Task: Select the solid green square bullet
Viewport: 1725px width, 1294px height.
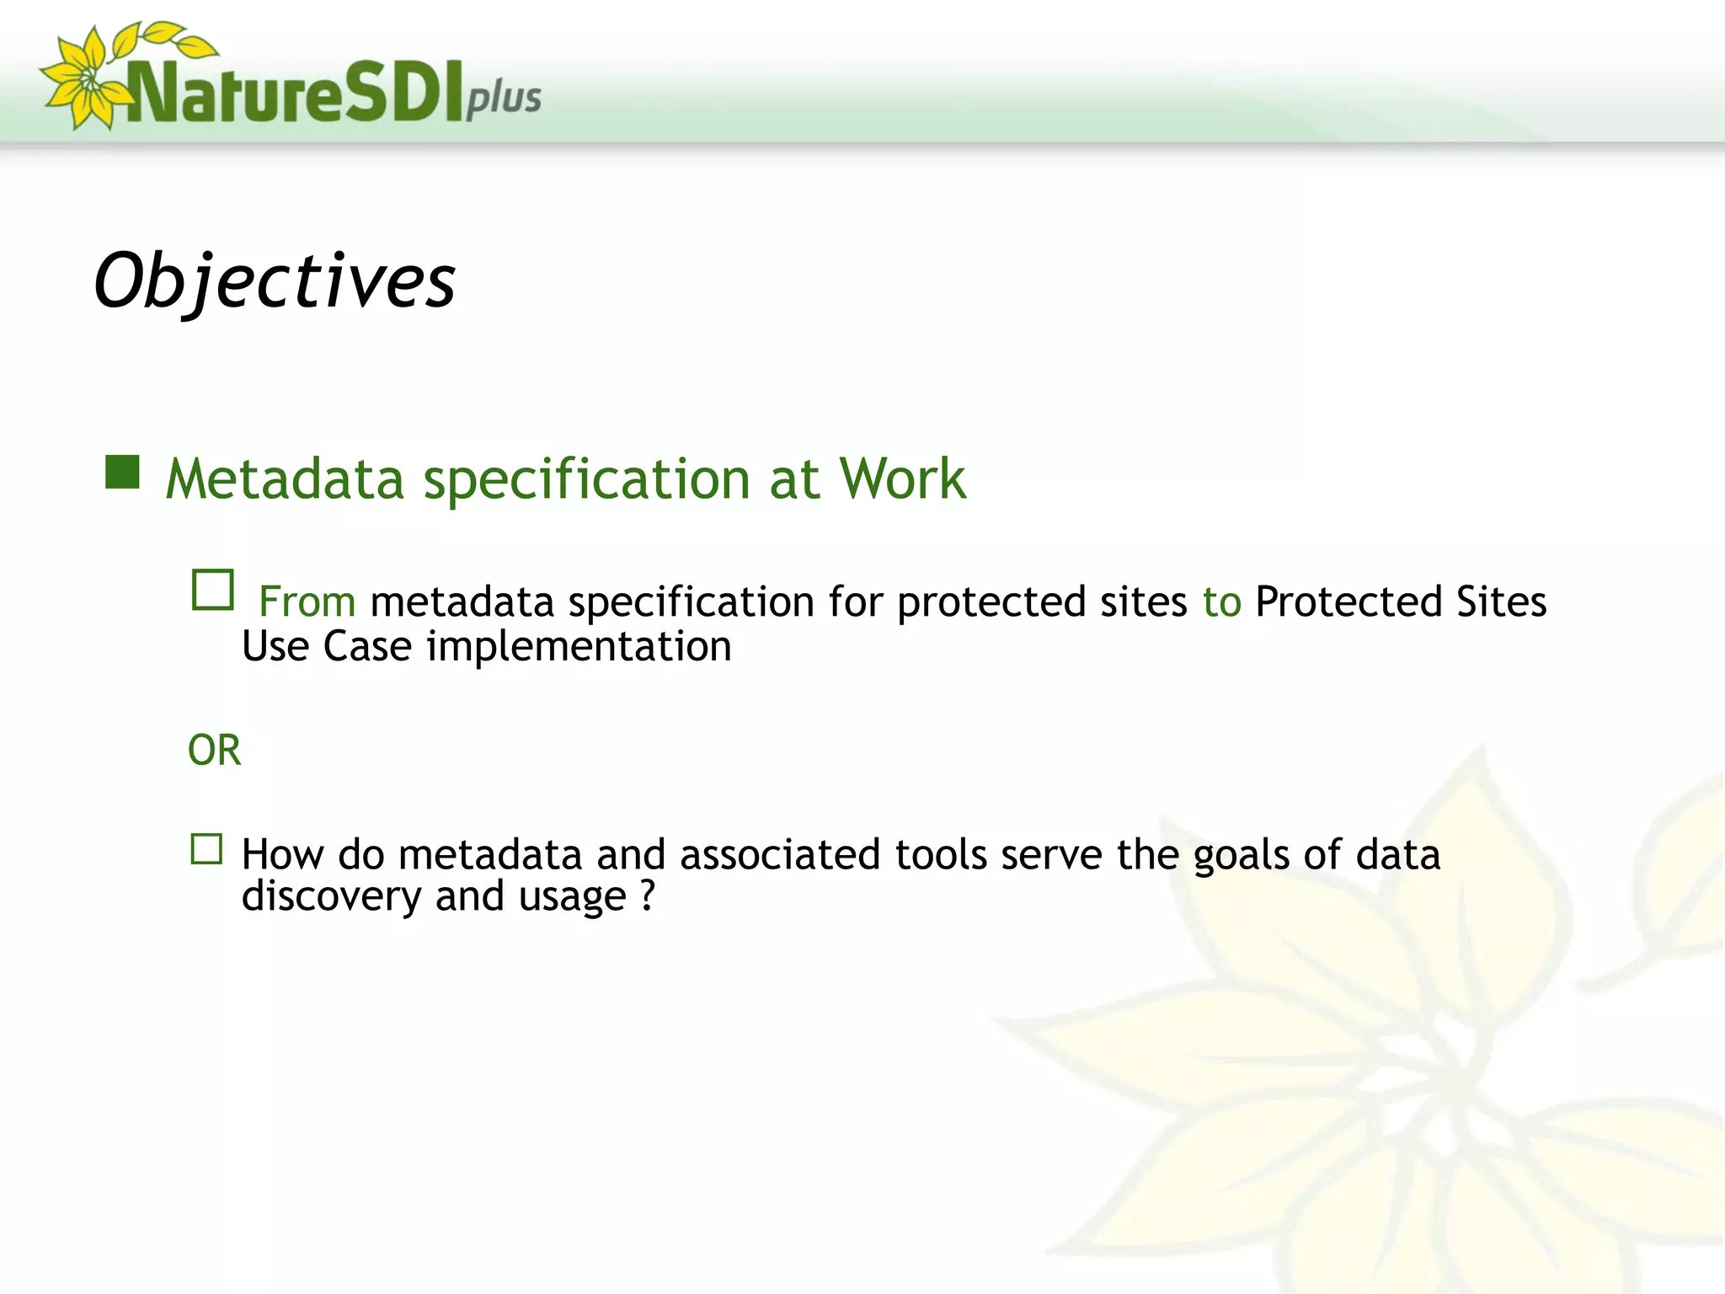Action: tap(122, 473)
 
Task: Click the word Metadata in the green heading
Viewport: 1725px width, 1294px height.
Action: tap(285, 479)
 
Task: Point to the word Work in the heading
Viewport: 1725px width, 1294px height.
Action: tap(902, 479)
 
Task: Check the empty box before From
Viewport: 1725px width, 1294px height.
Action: tap(212, 590)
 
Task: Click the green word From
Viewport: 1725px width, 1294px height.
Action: tap(307, 602)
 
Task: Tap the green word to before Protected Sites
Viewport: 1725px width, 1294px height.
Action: tap(1221, 602)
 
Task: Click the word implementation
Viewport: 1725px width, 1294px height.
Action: tap(579, 647)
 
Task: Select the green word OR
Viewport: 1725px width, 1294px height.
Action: tap(214, 750)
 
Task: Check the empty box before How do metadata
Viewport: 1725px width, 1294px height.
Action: tap(206, 849)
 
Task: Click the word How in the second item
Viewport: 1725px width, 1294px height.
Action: tap(282, 855)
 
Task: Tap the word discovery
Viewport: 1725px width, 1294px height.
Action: tap(331, 897)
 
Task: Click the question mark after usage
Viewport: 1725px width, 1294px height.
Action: tap(647, 896)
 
